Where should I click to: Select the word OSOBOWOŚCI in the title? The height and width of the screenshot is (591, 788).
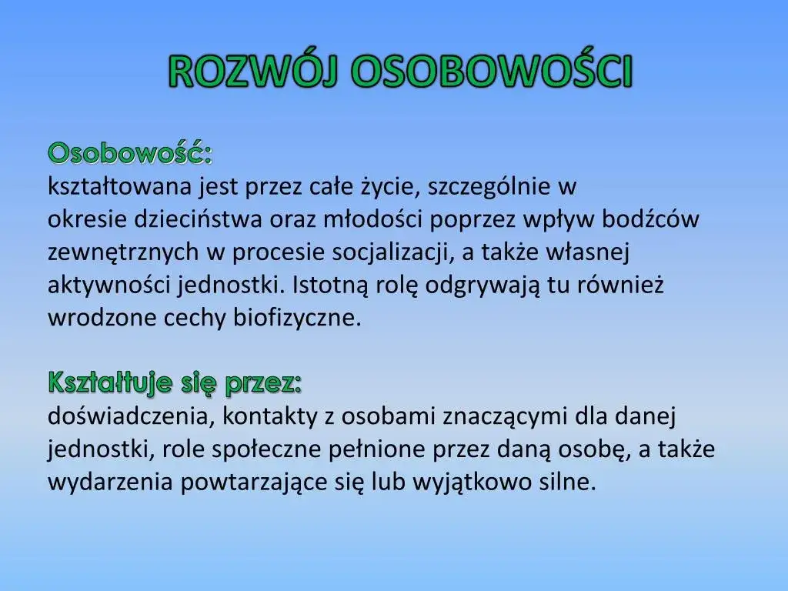[x=492, y=72]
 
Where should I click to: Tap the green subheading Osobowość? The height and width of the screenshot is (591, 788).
[x=131, y=153]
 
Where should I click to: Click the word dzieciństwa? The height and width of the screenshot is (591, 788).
[x=199, y=219]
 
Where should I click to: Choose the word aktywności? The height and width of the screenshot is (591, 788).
[x=110, y=285]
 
